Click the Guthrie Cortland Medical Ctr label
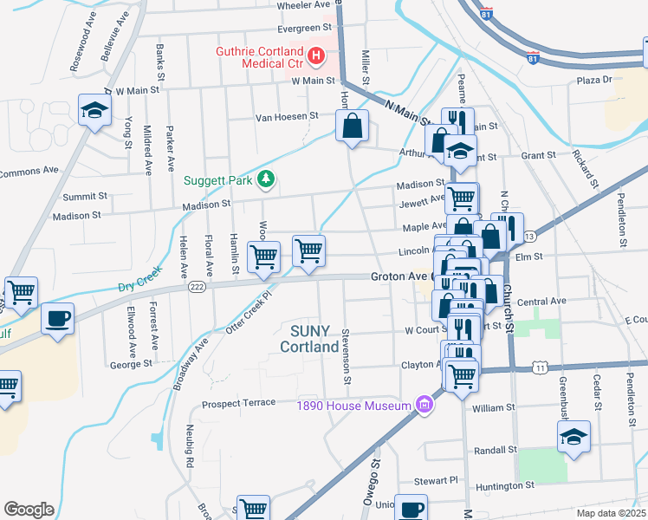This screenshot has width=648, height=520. click(x=261, y=58)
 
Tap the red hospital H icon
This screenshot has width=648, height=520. click(x=316, y=58)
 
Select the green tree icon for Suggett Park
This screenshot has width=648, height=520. click(x=267, y=180)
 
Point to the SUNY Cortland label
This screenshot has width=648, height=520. click(x=308, y=339)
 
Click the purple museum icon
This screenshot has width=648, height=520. click(x=424, y=405)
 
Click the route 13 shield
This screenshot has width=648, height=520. click(x=529, y=236)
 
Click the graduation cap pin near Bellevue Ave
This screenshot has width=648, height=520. click(x=94, y=110)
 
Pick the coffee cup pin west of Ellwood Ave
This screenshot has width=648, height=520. click(x=58, y=318)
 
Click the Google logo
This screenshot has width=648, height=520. click(x=29, y=510)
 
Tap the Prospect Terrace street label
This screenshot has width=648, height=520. click(x=238, y=403)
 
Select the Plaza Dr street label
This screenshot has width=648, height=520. click(x=594, y=80)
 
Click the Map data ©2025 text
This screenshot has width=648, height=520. click(x=610, y=513)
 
